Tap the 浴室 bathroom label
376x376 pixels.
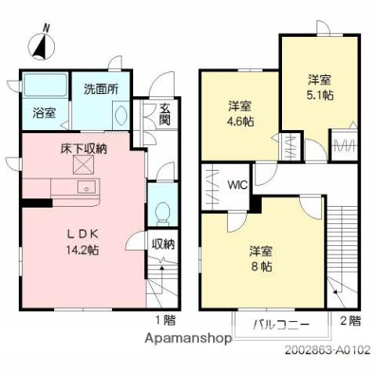click(44, 113)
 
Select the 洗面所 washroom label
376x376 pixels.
click(101, 89)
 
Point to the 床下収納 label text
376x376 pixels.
click(84, 147)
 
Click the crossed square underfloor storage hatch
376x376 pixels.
click(83, 164)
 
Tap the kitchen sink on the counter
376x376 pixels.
click(85, 187)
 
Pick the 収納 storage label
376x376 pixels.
click(163, 244)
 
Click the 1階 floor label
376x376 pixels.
click(165, 320)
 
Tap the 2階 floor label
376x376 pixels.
click(350, 320)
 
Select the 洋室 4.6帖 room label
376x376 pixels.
click(240, 114)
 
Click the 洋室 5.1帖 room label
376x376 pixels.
click(318, 87)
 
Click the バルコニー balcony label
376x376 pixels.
click(280, 324)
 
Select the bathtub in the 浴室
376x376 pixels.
click(44, 85)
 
